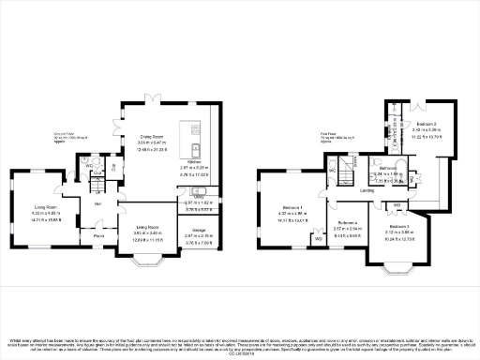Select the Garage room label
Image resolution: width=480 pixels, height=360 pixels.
pyautogui.click(x=199, y=230)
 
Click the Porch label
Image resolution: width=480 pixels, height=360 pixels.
pyautogui.click(x=98, y=236)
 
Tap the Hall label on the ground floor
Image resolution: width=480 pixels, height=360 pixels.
pyautogui.click(x=97, y=202)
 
